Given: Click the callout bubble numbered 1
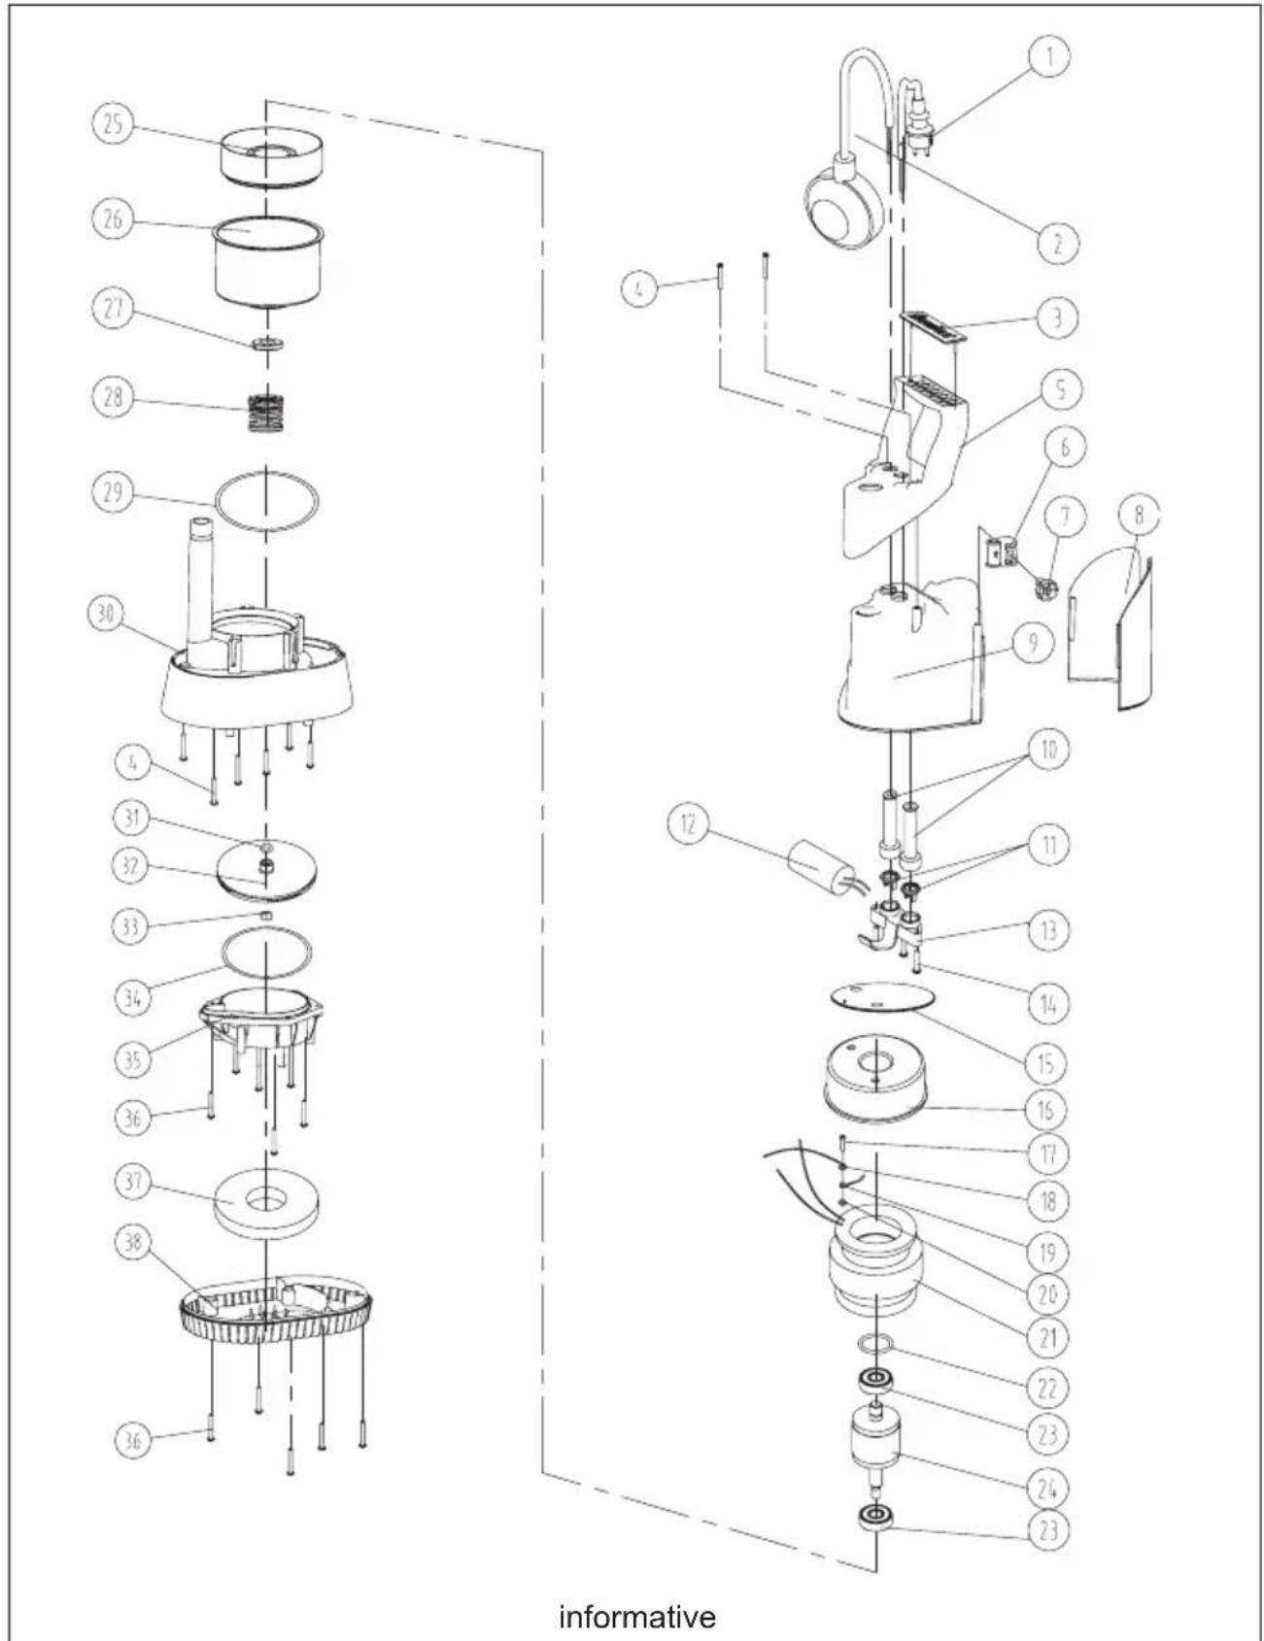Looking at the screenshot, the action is (1049, 55).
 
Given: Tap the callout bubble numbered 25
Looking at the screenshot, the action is (114, 125).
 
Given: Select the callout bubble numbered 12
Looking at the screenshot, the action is (689, 826).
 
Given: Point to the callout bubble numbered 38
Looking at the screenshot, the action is (134, 1243).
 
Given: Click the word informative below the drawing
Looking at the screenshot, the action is (637, 1617).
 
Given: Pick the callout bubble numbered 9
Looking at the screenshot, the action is (1033, 642).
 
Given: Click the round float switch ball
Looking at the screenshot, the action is (844, 206).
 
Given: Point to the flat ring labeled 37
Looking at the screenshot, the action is (265, 1203).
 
